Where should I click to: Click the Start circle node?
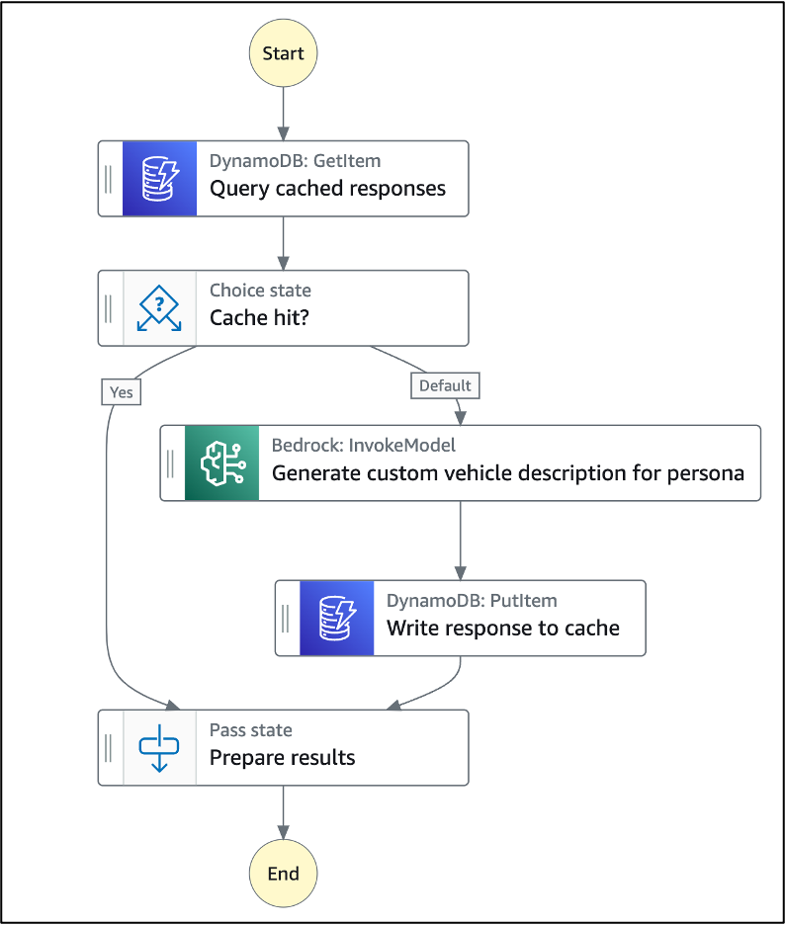(x=283, y=53)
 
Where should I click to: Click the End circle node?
(x=283, y=874)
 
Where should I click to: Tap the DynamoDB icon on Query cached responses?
(x=159, y=178)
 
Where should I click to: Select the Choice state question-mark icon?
(x=159, y=308)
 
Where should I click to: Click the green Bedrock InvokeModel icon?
(x=221, y=462)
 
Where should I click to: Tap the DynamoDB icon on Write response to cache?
(x=336, y=618)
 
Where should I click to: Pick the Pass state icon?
(x=159, y=748)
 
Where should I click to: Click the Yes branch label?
(x=122, y=392)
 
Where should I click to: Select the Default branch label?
(x=445, y=385)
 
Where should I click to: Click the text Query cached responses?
(x=327, y=189)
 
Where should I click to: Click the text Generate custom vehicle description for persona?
(x=507, y=472)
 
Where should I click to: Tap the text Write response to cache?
(x=502, y=629)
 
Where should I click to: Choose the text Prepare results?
(x=282, y=758)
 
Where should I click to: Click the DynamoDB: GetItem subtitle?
(x=295, y=161)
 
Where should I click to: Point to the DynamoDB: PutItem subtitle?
(x=472, y=601)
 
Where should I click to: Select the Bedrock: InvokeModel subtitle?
(x=363, y=446)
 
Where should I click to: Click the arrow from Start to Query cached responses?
(x=283, y=114)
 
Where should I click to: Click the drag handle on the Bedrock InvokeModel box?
(x=171, y=462)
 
